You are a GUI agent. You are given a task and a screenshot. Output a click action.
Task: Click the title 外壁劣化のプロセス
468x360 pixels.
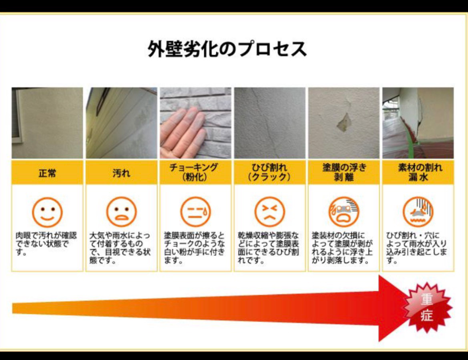[228, 48]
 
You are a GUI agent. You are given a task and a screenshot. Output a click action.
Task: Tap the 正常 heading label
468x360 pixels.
[47, 173]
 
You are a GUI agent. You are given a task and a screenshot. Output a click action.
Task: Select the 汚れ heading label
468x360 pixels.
[121, 173]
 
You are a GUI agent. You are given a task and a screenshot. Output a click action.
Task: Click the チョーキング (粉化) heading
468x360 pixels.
[195, 172]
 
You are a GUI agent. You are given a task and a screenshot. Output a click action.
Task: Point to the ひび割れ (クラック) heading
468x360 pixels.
[269, 172]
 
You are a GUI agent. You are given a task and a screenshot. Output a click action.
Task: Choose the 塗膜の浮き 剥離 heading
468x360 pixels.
[344, 172]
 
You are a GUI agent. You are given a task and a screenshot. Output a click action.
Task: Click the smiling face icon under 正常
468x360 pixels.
[47, 212]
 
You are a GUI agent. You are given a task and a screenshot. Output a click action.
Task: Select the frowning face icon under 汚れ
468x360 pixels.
[122, 212]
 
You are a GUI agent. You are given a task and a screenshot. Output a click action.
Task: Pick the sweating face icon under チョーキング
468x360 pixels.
[196, 212]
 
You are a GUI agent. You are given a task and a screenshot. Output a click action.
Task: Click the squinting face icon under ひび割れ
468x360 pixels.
[270, 212]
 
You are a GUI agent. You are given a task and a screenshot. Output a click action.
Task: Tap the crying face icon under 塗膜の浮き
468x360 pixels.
[344, 212]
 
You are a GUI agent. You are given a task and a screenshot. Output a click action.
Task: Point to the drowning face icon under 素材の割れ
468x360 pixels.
[418, 212]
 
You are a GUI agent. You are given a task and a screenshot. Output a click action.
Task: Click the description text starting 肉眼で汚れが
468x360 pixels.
[46, 244]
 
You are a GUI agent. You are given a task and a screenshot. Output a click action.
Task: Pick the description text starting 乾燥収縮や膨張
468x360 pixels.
[268, 248]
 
